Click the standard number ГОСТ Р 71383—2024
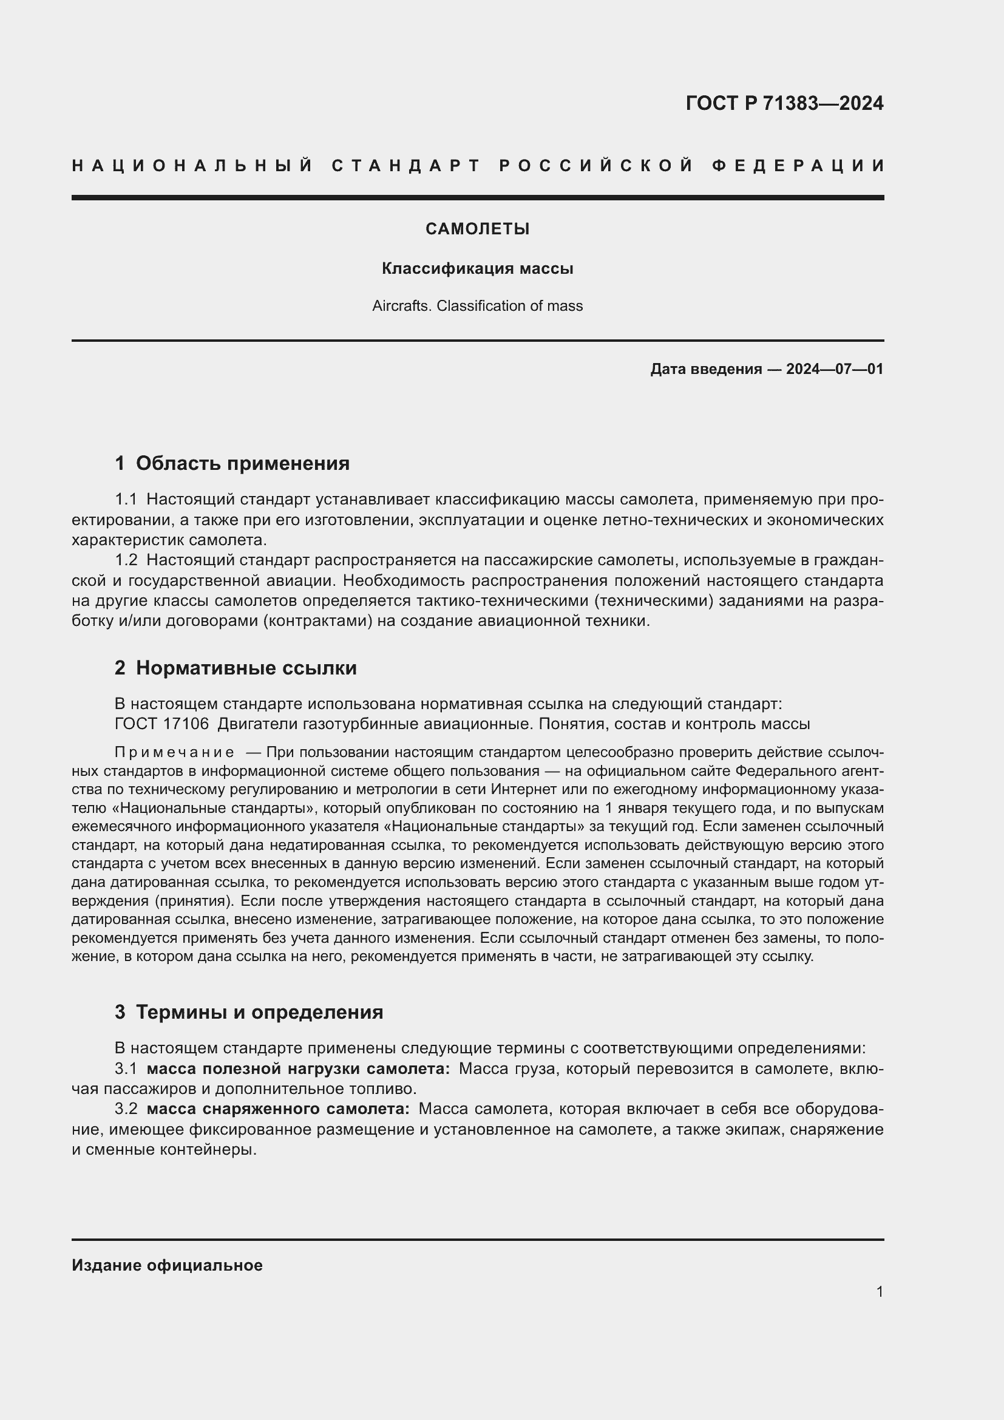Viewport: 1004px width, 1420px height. [x=784, y=103]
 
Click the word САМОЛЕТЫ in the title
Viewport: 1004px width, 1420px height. [x=477, y=229]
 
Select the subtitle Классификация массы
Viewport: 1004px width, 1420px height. [x=477, y=268]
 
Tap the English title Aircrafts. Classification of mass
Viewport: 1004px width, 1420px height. [x=477, y=306]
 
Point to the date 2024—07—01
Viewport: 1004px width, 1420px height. [x=834, y=370]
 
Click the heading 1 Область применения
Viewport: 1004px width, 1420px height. [x=232, y=463]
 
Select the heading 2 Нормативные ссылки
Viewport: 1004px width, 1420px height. [x=236, y=668]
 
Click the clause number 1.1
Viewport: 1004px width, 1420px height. [x=126, y=499]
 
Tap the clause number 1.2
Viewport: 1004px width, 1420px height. [x=126, y=560]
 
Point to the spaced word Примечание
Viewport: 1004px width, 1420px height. [x=174, y=753]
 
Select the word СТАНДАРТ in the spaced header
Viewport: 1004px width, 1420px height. [x=405, y=166]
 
